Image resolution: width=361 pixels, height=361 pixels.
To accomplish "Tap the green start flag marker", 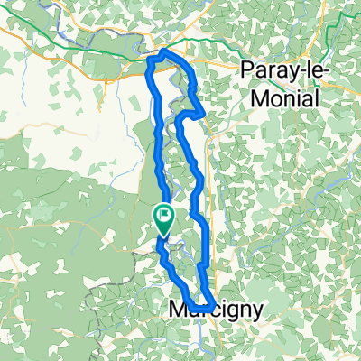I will (165, 217).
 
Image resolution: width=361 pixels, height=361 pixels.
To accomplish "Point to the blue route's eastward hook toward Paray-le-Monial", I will (200, 113).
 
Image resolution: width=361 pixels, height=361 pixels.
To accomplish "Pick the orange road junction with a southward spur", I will (108, 79).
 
